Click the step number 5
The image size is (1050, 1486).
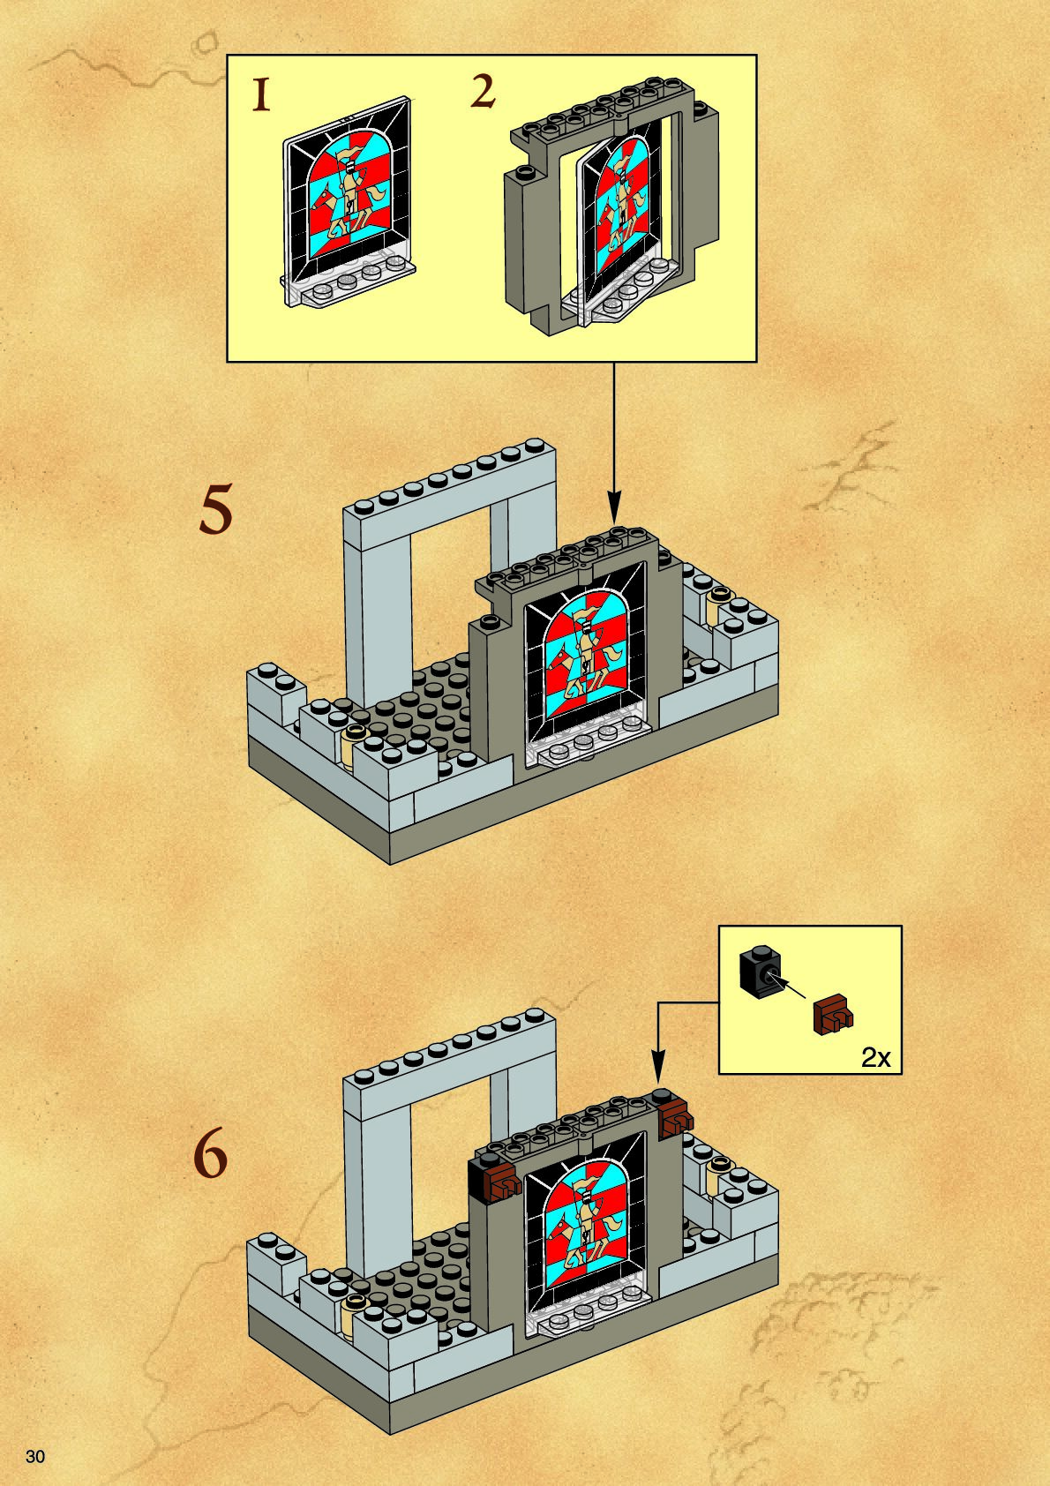point(215,511)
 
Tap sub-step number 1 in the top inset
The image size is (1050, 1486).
point(260,94)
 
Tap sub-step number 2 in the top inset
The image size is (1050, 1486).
point(482,93)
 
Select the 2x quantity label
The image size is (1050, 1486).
point(875,1057)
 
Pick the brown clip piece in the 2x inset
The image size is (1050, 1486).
point(831,1015)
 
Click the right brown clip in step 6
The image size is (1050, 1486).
point(674,1116)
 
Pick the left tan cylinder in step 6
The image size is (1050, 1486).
point(353,1317)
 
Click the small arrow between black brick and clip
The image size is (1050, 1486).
point(791,986)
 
